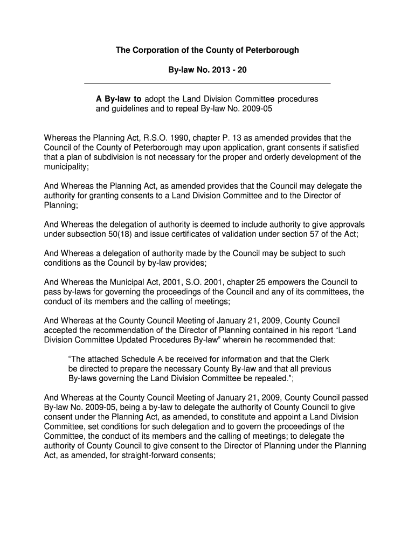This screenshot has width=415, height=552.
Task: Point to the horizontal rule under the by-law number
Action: coord(208,84)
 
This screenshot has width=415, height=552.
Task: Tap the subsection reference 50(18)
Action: coord(119,234)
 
